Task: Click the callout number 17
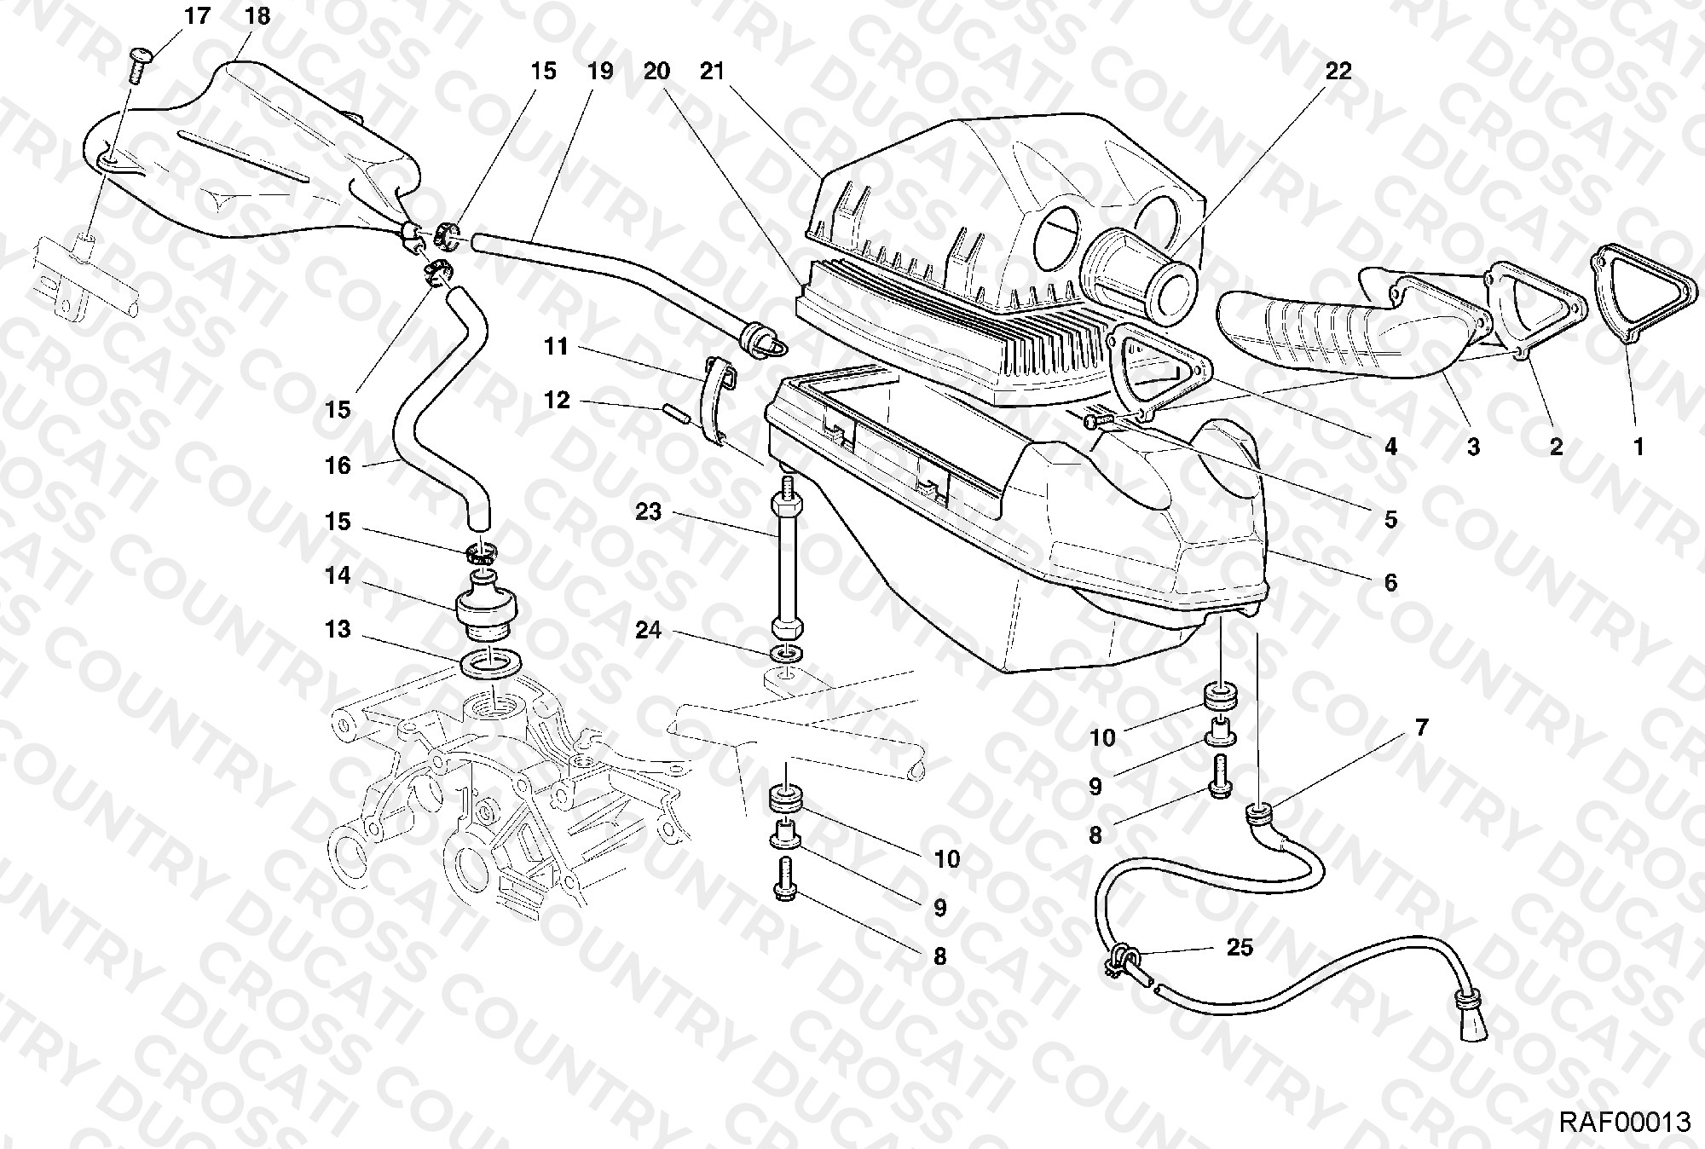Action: tap(197, 16)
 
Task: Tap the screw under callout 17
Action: tap(139, 65)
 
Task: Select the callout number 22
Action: tap(1338, 72)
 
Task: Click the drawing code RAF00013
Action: tap(1624, 1121)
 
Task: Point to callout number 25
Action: tap(1240, 947)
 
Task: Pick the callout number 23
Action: tap(648, 511)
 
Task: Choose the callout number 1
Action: tap(1638, 446)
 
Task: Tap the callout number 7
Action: tap(1421, 728)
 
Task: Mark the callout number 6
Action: tap(1390, 582)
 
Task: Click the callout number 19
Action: tap(599, 72)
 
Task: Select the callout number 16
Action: tap(338, 465)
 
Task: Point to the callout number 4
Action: tap(1390, 446)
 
